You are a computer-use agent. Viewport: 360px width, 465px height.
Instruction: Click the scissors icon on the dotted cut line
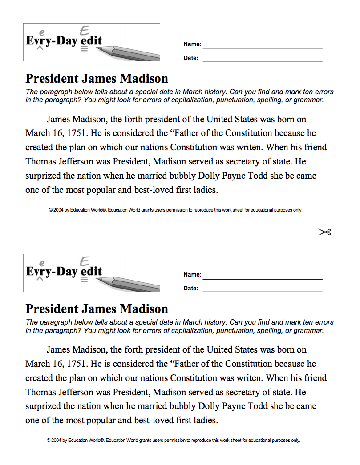[325, 232]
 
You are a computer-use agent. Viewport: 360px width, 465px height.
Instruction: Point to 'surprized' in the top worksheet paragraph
[43, 176]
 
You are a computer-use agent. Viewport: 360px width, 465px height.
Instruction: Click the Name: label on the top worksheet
[192, 44]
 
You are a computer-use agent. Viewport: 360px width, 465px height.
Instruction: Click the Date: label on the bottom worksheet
[191, 289]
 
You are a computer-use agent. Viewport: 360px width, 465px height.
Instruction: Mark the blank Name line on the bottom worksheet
[263, 279]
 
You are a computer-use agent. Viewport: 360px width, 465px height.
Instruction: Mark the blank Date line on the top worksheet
[263, 61]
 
